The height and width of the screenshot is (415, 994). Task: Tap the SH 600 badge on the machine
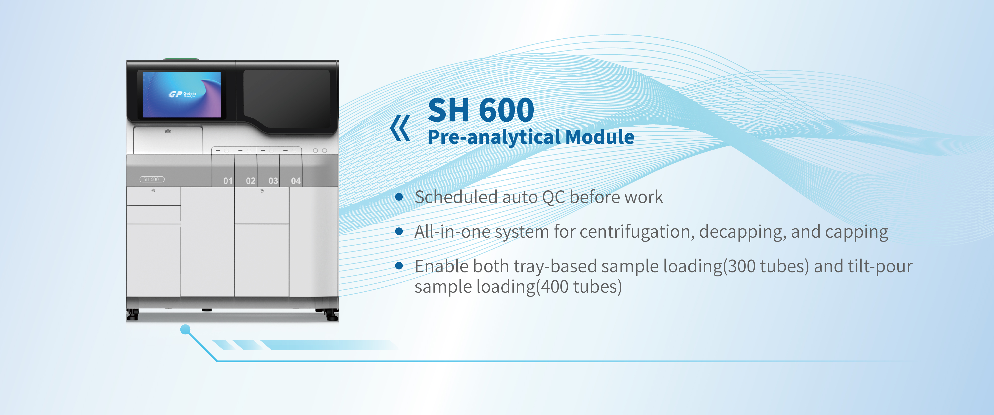tap(152, 179)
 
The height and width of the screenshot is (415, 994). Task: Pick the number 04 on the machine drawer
tap(296, 181)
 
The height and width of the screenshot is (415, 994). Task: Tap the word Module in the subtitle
tap(600, 137)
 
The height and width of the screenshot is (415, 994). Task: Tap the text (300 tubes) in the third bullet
tap(766, 267)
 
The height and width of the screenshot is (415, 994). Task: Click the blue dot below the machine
tap(186, 329)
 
